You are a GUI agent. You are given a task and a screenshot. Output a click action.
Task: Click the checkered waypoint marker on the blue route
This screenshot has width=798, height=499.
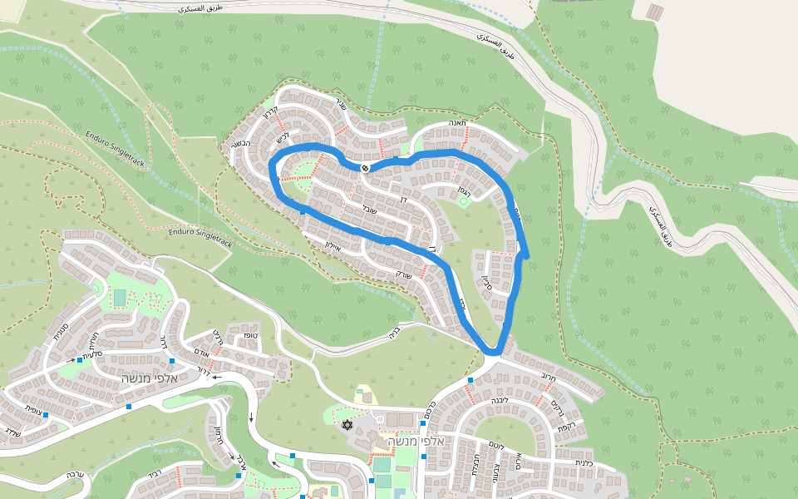point(364,168)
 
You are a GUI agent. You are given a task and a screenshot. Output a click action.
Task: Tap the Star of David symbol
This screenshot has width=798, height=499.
point(347,425)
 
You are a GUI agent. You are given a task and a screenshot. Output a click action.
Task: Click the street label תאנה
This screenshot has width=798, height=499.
point(458,123)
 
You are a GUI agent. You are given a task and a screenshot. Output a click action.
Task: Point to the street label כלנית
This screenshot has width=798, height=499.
point(584,462)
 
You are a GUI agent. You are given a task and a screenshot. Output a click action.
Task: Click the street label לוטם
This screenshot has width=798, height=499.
point(495,446)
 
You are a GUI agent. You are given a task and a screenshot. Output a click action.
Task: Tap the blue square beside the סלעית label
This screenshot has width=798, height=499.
point(80,360)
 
